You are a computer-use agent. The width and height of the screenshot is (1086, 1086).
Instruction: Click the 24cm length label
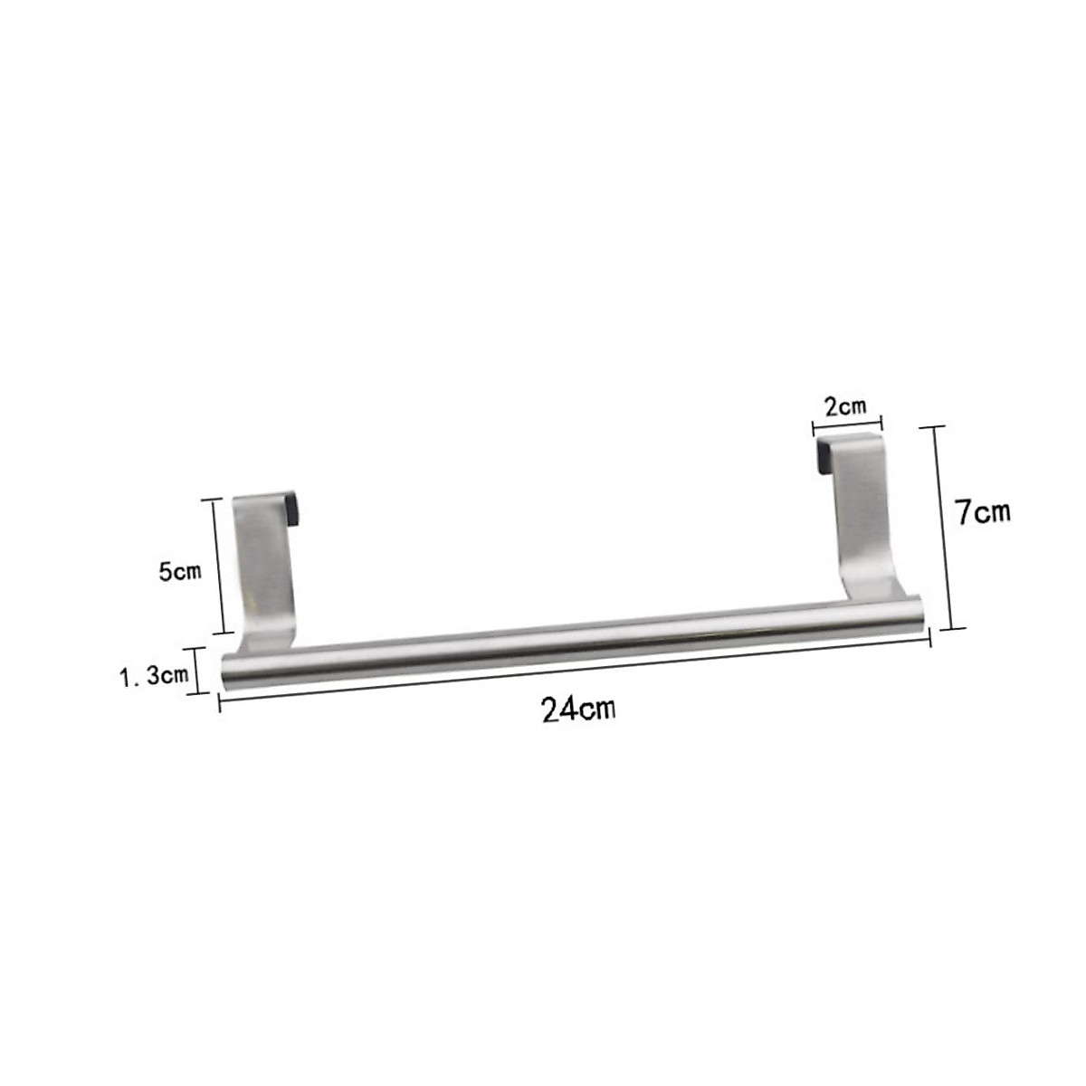(x=579, y=709)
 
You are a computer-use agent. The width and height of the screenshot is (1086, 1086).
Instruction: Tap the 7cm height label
(x=984, y=512)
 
